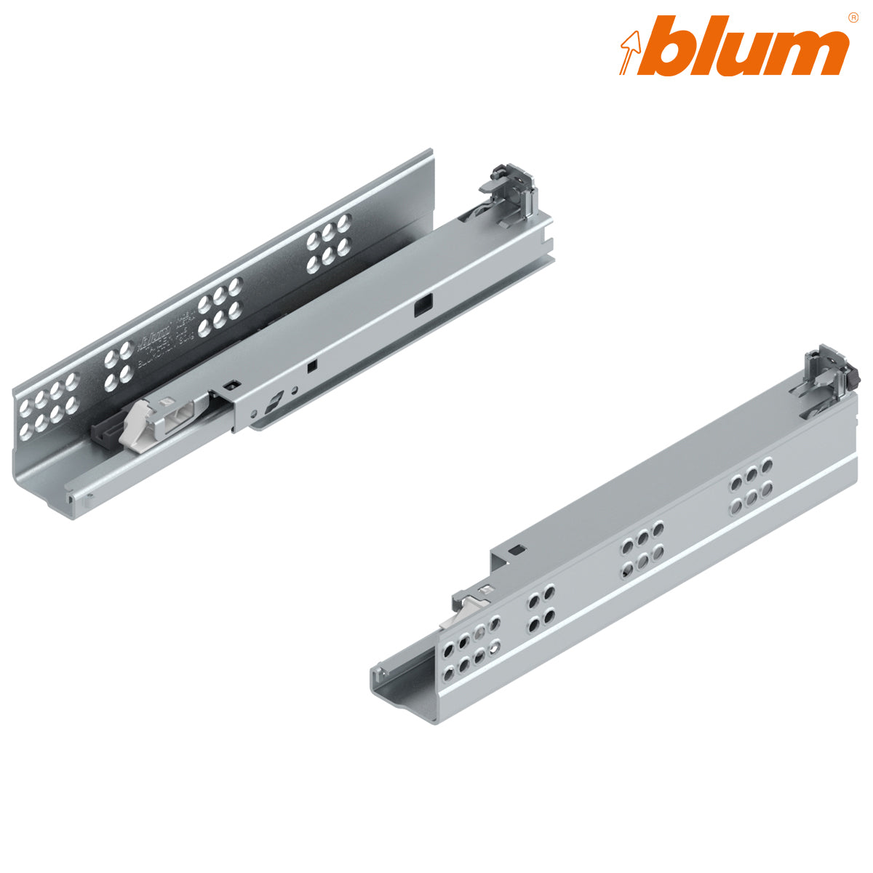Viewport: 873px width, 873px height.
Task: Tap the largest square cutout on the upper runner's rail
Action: click(421, 308)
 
